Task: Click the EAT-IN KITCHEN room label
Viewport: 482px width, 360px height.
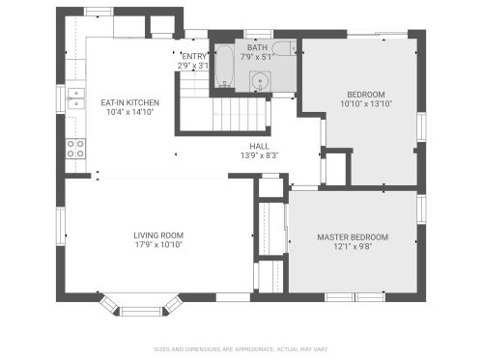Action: (x=130, y=103)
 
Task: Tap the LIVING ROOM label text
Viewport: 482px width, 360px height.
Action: (x=158, y=235)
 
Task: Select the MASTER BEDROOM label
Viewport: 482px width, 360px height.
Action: (x=353, y=237)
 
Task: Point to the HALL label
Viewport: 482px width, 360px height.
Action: (x=260, y=147)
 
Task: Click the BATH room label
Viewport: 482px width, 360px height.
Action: (x=257, y=47)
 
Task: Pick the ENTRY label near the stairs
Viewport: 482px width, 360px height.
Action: (x=194, y=56)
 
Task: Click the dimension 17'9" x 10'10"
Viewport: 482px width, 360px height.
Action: (x=158, y=245)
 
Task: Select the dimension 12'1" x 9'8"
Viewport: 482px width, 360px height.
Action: (x=353, y=247)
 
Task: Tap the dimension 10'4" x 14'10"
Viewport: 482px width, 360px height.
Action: (x=130, y=112)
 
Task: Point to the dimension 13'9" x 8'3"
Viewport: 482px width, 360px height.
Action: (x=260, y=155)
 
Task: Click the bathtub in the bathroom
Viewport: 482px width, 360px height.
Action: (x=224, y=66)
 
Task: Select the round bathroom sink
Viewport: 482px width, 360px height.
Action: (x=260, y=81)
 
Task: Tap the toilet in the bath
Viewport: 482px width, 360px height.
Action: (x=284, y=48)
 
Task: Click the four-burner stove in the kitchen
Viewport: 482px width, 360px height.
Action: (x=75, y=149)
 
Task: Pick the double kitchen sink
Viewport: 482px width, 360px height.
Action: (x=75, y=98)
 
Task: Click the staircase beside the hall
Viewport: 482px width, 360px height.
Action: (x=239, y=115)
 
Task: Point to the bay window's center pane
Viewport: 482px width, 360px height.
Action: (x=141, y=312)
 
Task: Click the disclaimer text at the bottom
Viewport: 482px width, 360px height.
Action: (x=241, y=349)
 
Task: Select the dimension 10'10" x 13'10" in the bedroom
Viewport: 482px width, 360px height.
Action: (x=366, y=104)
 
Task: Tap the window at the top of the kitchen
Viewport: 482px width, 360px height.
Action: (x=99, y=12)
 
